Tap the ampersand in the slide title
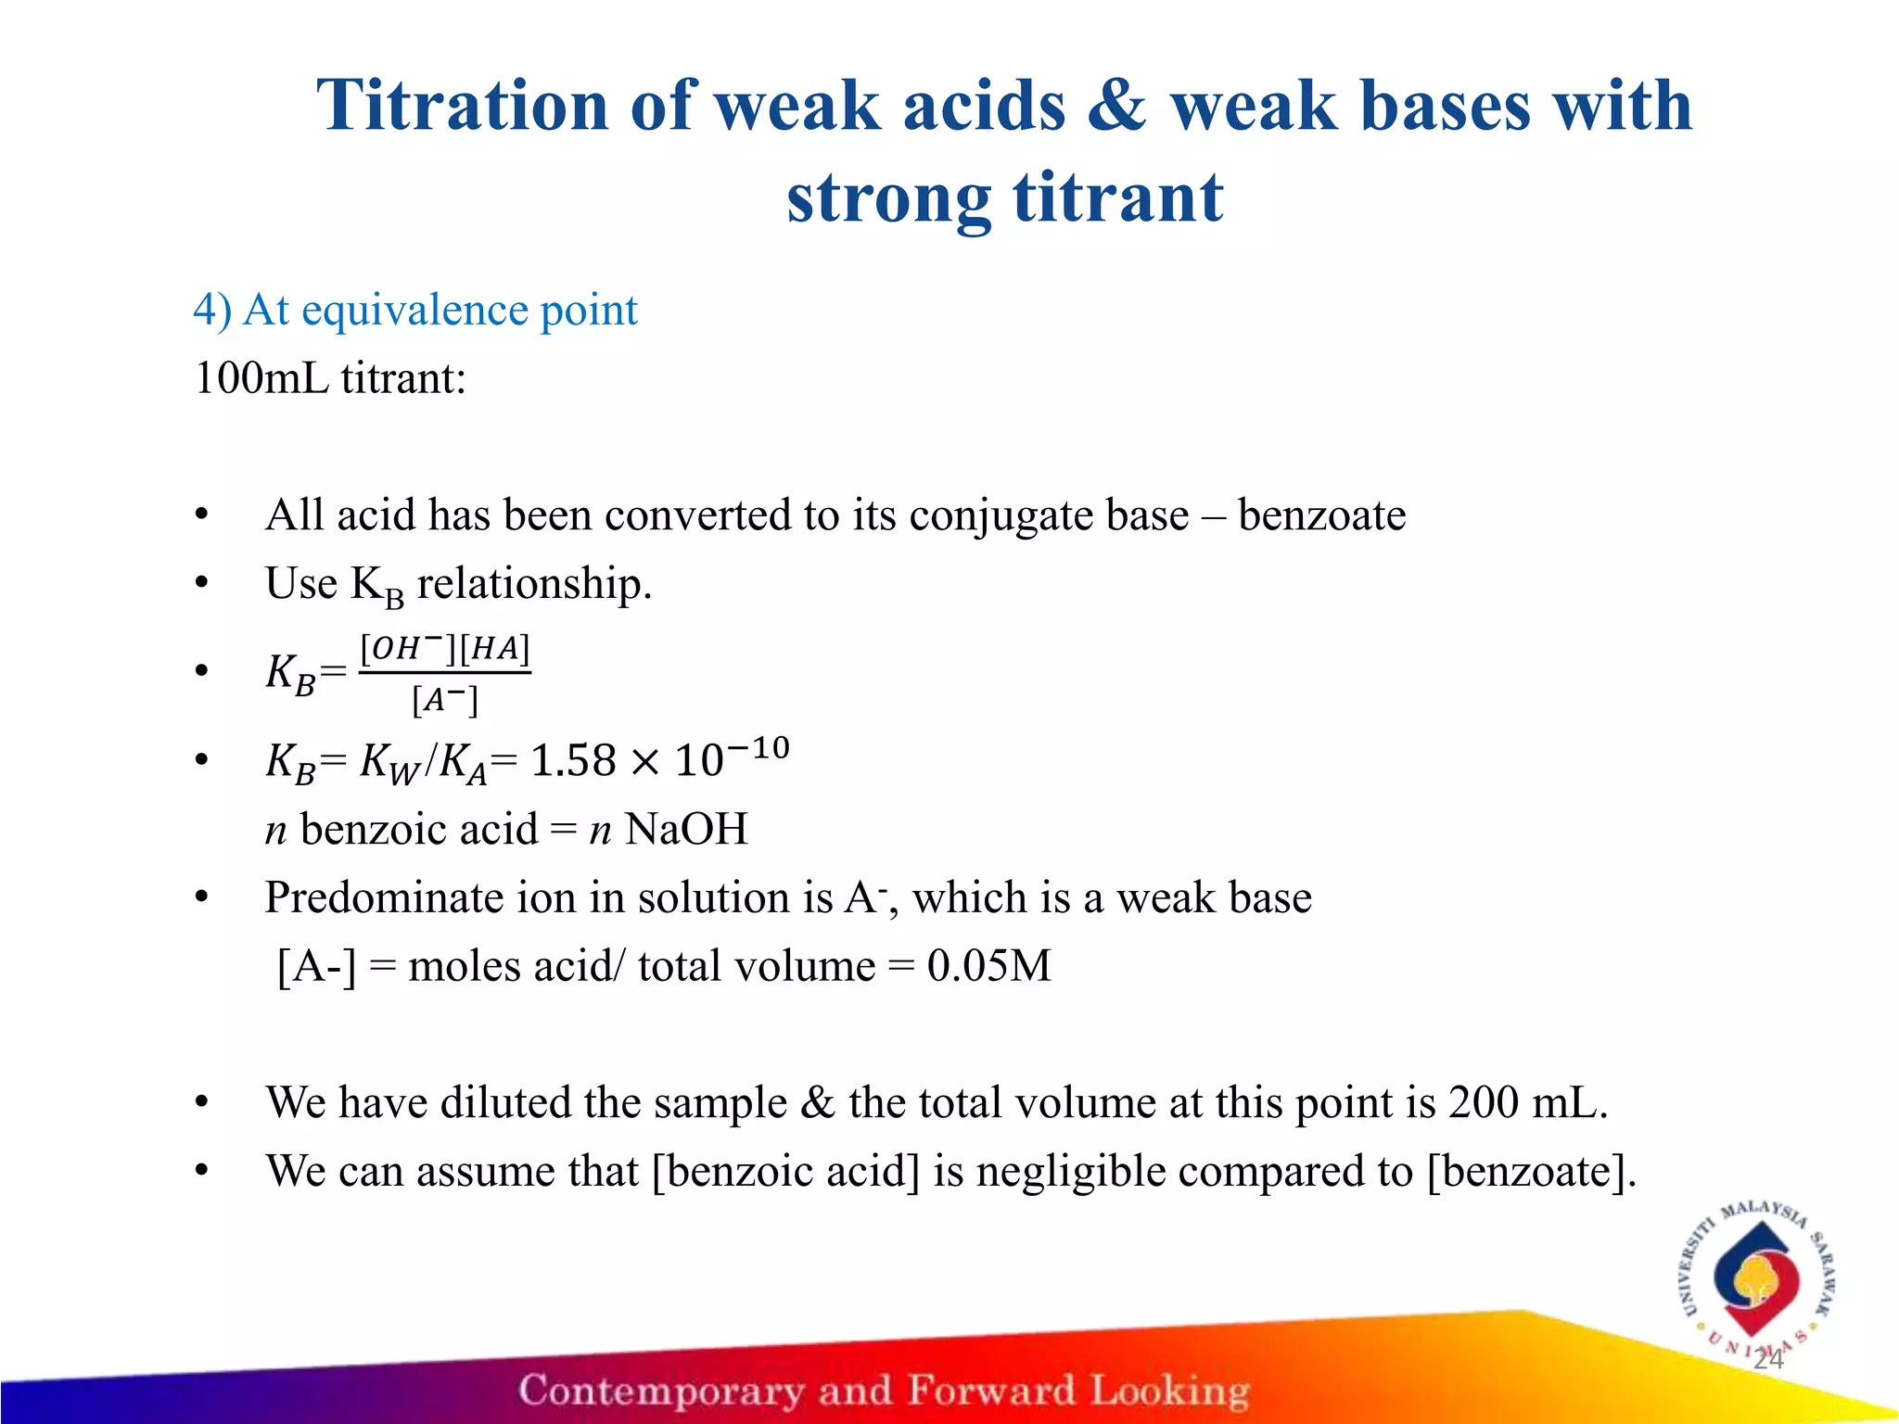[x=1117, y=105]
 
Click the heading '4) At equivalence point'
[x=414, y=310]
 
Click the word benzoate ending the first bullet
[x=1321, y=515]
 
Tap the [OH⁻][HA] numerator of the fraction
[x=444, y=648]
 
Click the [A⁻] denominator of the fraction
[x=444, y=700]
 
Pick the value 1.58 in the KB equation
[x=572, y=761]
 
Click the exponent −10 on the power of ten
[x=758, y=747]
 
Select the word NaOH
[x=685, y=829]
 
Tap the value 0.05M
[x=988, y=966]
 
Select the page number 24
[x=1768, y=1359]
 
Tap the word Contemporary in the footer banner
[x=660, y=1391]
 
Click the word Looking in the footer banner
[x=1169, y=1391]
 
